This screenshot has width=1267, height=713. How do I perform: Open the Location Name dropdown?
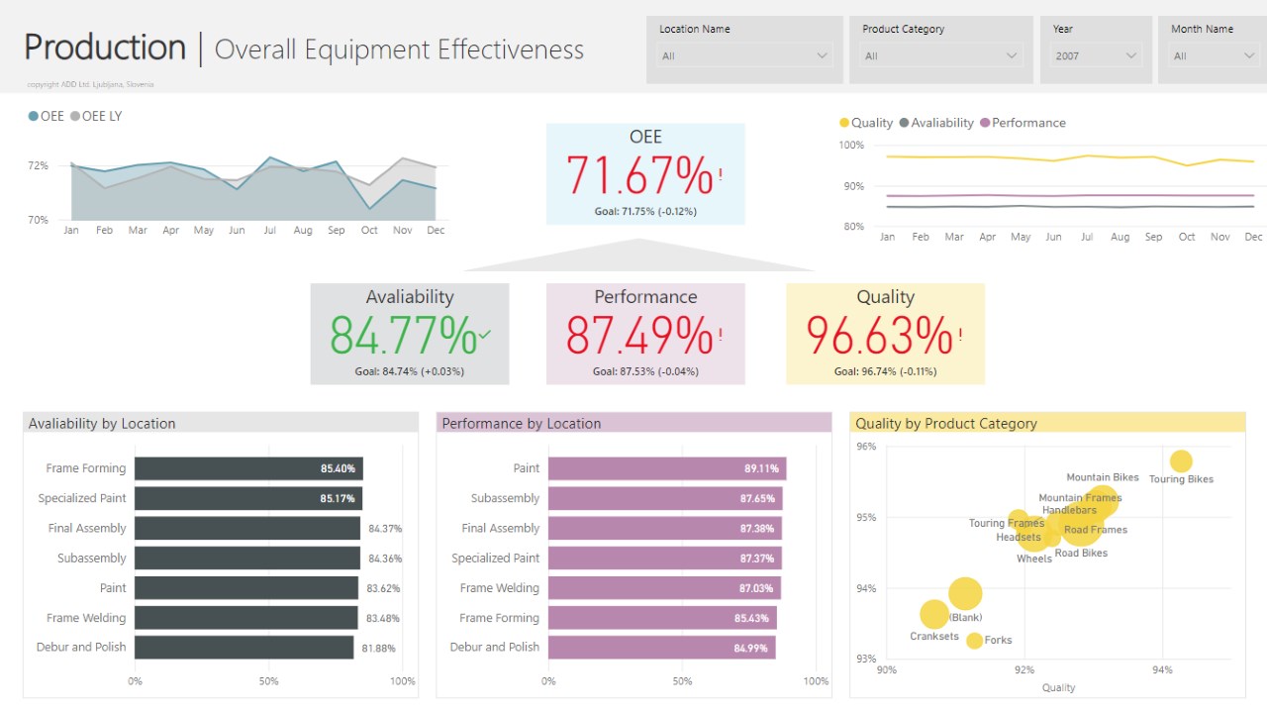click(744, 56)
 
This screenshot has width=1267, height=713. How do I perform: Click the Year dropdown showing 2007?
click(1096, 56)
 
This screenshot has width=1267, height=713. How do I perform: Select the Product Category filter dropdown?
click(939, 56)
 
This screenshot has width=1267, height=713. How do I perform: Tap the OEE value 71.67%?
click(639, 176)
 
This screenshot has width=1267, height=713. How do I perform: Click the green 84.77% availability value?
click(404, 336)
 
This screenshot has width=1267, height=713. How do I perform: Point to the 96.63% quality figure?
click(879, 336)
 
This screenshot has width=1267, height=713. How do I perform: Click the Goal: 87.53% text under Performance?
click(645, 371)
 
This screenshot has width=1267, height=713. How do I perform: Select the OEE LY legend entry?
click(96, 116)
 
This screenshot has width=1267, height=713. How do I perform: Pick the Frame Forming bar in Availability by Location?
click(247, 468)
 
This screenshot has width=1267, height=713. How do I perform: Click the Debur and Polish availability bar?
click(244, 648)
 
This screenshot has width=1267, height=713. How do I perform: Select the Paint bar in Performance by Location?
click(665, 468)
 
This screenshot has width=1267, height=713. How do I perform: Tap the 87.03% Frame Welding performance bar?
click(663, 588)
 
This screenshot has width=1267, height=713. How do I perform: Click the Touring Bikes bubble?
click(1181, 461)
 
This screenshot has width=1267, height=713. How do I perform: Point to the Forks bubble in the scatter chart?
click(974, 641)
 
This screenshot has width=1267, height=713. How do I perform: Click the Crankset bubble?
click(933, 615)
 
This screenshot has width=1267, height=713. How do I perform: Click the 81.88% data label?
click(379, 648)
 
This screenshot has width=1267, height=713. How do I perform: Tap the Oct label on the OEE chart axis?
click(369, 230)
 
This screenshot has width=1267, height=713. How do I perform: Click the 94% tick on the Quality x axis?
click(1162, 670)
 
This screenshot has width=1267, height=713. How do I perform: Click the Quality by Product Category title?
click(945, 424)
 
